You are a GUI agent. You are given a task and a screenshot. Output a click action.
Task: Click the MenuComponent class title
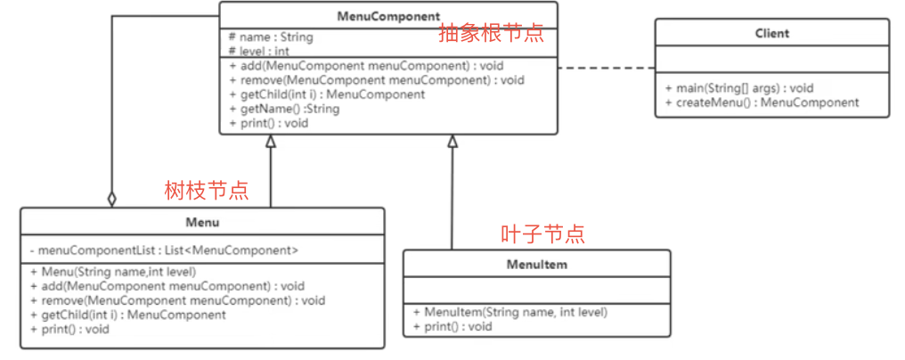point(388,17)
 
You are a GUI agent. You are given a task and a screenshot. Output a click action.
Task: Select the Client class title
point(771,34)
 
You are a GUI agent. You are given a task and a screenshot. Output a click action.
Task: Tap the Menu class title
point(202,222)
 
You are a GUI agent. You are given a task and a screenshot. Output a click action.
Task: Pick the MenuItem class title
point(536,265)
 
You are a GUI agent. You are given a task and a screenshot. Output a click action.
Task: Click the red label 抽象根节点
point(491,34)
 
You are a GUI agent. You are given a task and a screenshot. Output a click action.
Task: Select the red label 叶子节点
point(542,234)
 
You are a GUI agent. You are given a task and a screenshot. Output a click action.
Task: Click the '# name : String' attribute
point(271,37)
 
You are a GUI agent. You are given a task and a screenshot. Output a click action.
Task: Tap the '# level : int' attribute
point(259,52)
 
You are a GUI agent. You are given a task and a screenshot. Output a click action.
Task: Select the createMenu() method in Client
point(762,102)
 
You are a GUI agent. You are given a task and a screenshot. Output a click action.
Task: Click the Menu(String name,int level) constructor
point(113,272)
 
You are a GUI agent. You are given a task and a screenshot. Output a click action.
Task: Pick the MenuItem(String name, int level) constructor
point(510,313)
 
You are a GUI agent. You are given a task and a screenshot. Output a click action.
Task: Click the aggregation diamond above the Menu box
point(112,199)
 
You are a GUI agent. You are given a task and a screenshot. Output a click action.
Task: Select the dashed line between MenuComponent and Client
point(607,68)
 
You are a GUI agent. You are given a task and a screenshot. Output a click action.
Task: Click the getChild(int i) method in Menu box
point(128,315)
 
